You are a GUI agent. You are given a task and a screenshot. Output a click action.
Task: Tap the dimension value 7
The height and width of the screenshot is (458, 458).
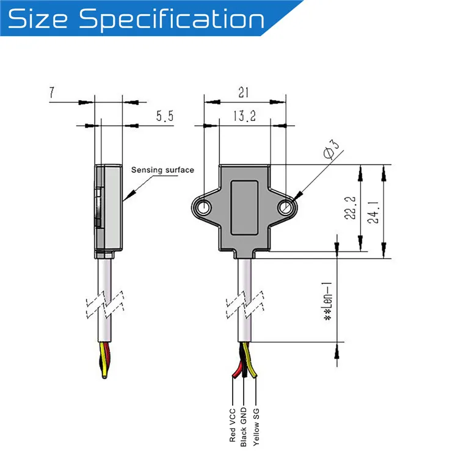pos(53,93)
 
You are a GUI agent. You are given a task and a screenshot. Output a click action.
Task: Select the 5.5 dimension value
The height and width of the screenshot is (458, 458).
pos(163,117)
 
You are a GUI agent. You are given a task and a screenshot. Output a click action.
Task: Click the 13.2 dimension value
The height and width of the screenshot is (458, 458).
pos(244,116)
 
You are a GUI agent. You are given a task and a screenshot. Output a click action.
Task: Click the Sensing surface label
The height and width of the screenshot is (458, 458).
pos(162,170)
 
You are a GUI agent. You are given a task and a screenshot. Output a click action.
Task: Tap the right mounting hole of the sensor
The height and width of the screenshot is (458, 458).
pos(285,208)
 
